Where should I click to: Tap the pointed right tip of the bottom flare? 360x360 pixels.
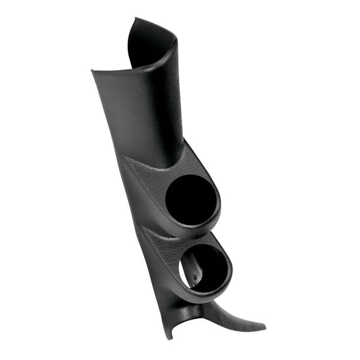click(263, 328)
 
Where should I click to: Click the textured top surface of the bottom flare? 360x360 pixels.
click(229, 316)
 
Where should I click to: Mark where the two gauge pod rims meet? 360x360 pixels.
click(202, 236)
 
